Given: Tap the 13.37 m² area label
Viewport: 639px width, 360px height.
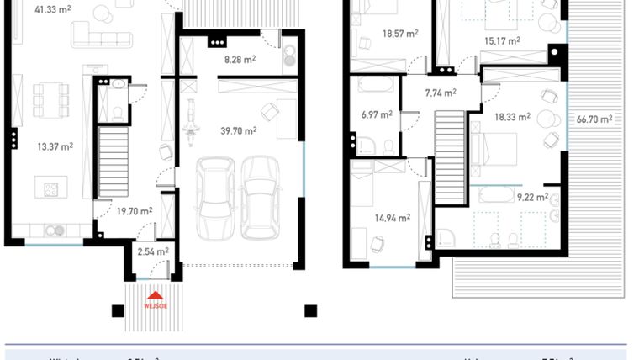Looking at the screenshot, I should pos(55,146).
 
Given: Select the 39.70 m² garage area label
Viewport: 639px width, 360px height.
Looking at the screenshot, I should pos(238,130).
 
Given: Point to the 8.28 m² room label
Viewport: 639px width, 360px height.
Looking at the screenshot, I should pos(238,60).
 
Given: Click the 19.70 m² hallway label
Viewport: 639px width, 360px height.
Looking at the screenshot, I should pos(134,212).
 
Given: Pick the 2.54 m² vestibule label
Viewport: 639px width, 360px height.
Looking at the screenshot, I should pos(152,251).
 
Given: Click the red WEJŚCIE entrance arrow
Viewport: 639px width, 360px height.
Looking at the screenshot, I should pos(156,295).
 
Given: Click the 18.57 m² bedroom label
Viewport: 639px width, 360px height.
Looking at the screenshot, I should pos(400,35).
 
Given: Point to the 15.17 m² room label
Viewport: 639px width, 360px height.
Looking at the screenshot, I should pos(502,40).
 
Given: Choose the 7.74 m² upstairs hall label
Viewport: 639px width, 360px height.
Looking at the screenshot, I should pos(441,93).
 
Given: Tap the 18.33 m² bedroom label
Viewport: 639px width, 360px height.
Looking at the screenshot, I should pos(512,118).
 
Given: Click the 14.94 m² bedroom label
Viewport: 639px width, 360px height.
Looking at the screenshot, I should pos(392,218).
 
